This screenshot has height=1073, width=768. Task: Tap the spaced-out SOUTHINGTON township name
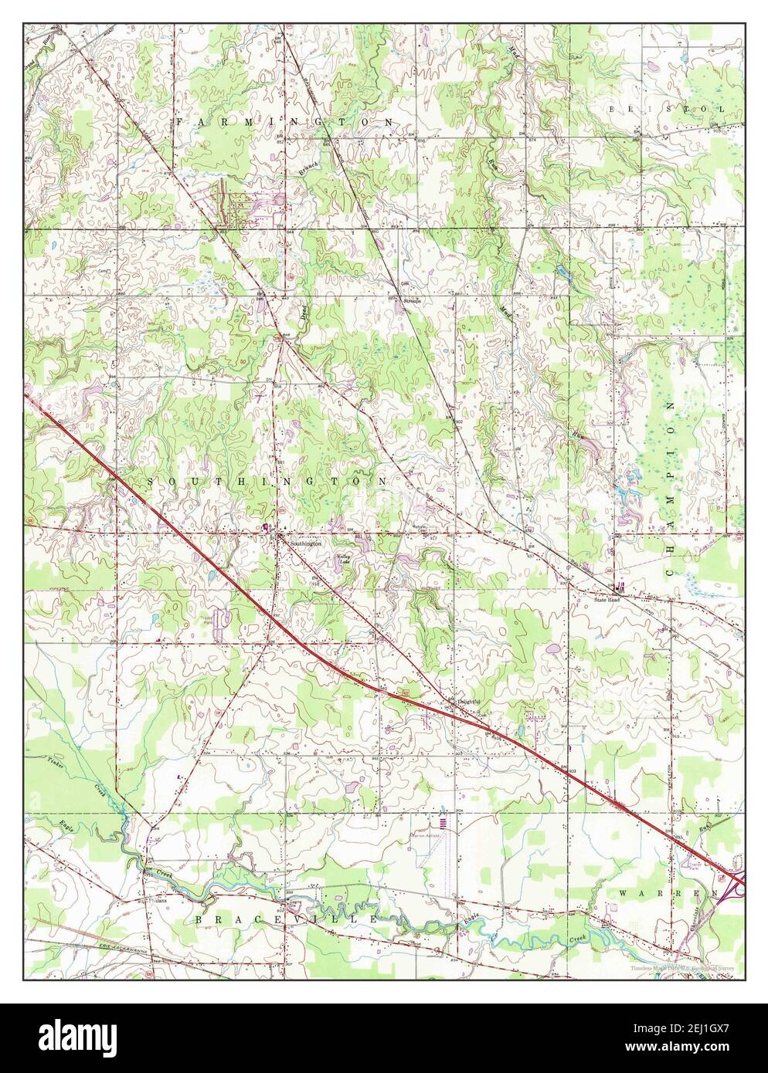pyautogui.click(x=267, y=481)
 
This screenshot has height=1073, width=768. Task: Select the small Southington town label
pyautogui.click(x=304, y=543)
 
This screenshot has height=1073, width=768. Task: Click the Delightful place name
pyautogui.click(x=468, y=701)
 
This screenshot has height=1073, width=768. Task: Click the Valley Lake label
pyautogui.click(x=343, y=560)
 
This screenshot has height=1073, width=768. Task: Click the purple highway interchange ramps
pyautogui.click(x=733, y=885)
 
